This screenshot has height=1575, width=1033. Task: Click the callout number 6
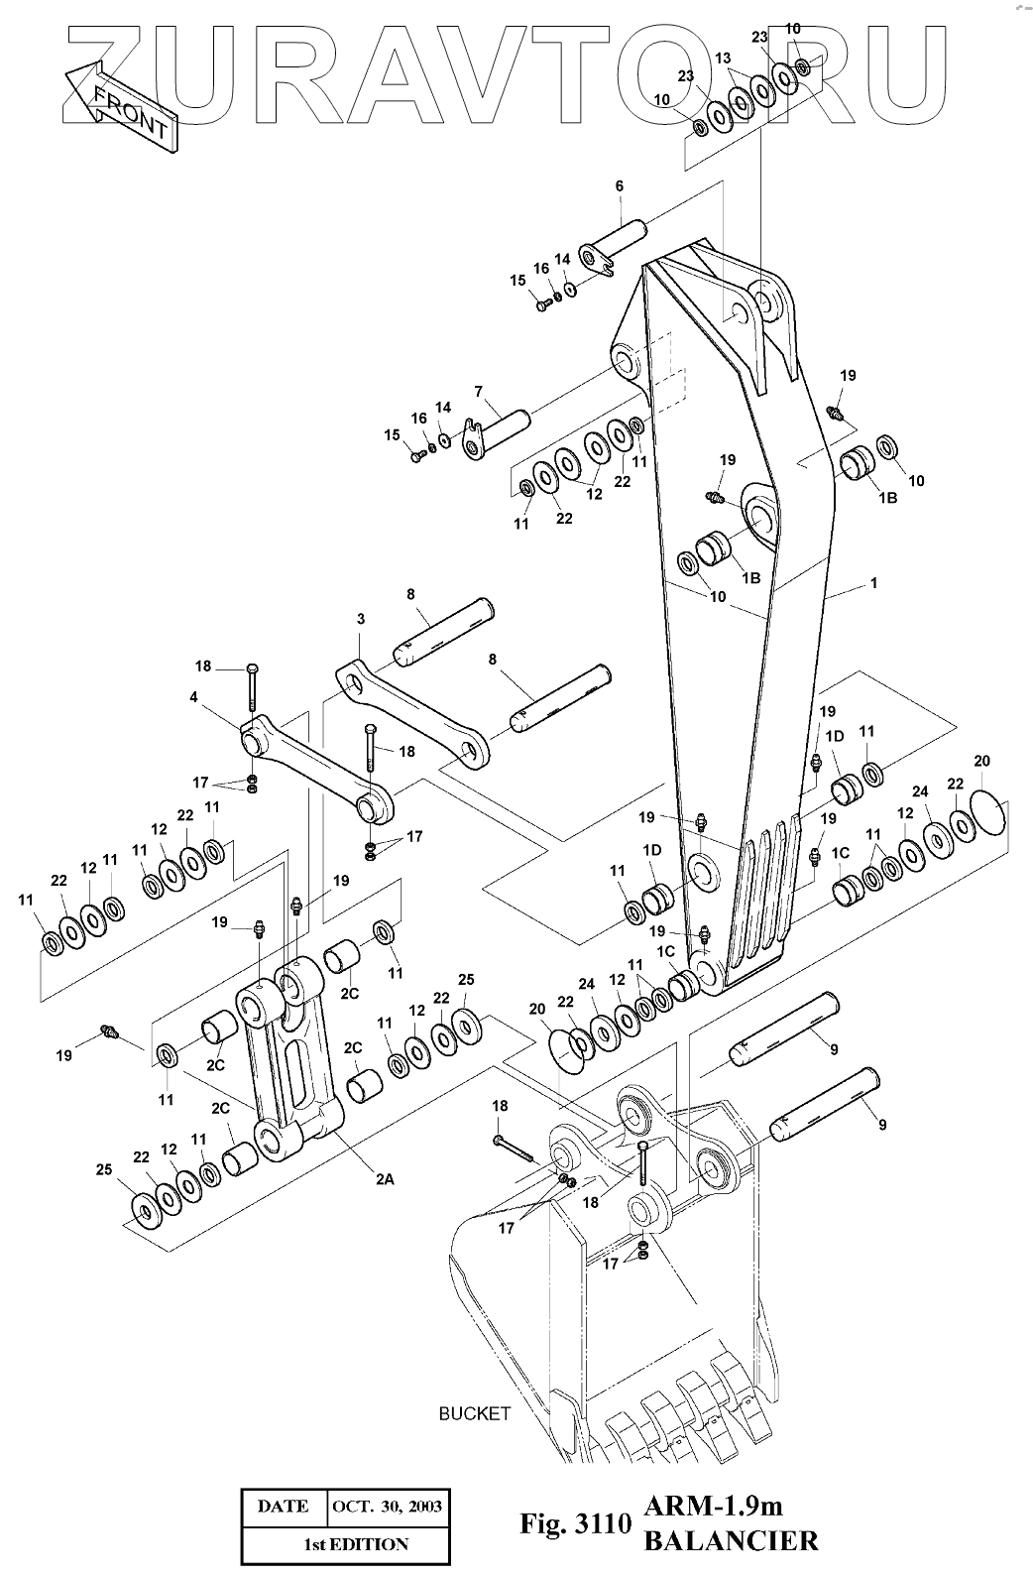pos(619,186)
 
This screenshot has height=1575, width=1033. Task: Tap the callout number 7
pos(479,391)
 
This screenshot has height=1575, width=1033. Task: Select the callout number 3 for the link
pos(360,619)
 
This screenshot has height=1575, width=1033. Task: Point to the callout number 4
pos(193,697)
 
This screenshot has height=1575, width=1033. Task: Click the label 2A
pos(385,1179)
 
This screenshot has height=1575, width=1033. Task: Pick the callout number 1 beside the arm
pos(873,583)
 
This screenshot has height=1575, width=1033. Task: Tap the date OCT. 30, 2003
pos(388,1507)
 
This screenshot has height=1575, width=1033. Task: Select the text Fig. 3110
pos(576,1523)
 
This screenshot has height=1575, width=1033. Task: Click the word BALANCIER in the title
pos(731,1541)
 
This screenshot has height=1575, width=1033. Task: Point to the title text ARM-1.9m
pos(713,1506)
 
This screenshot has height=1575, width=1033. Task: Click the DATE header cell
pos(284,1507)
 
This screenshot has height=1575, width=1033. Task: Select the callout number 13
pos(723,59)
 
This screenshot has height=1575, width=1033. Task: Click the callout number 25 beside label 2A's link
pos(104,1170)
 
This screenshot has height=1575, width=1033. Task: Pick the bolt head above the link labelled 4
pos(253,667)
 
